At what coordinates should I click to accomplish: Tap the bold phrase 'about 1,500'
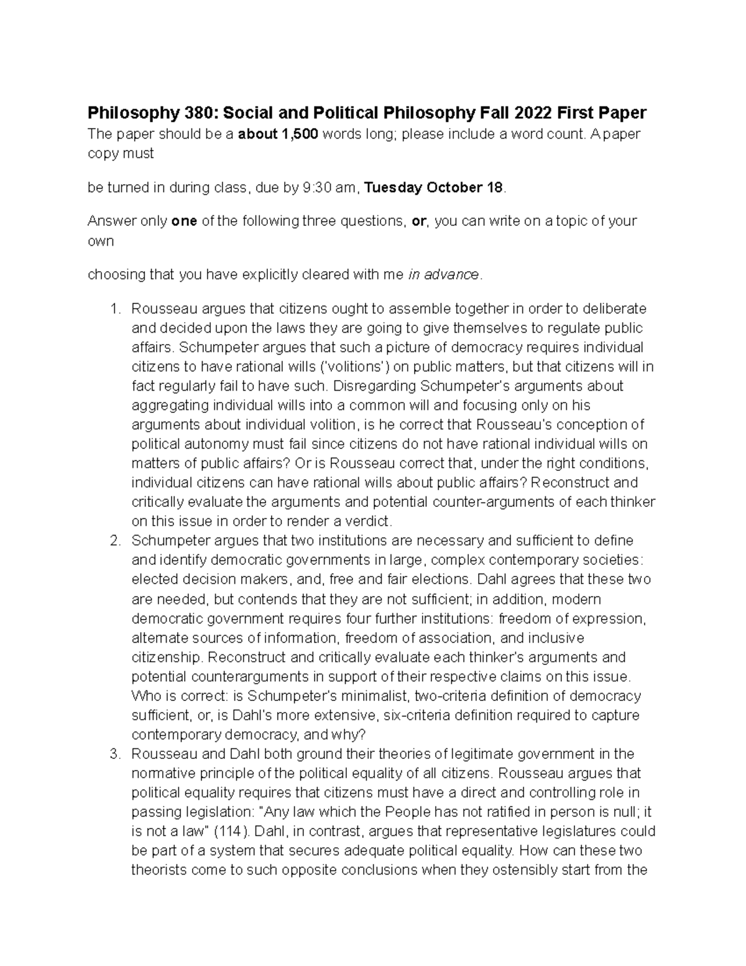[x=278, y=134]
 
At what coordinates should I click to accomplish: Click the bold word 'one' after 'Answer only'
[x=184, y=221]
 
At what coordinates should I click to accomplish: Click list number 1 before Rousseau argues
[x=114, y=309]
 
